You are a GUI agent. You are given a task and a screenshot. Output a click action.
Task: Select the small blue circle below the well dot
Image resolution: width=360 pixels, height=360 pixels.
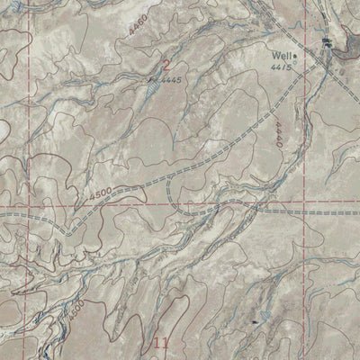point(298,64)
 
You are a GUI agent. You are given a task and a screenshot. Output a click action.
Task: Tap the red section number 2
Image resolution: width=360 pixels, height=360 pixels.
point(166,64)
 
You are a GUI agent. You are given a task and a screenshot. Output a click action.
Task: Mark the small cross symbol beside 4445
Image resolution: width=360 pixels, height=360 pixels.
point(151,80)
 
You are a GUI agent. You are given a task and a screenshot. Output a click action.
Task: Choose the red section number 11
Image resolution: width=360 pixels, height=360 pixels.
point(161,342)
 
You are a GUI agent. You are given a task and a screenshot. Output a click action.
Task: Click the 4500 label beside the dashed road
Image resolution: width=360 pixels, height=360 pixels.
point(102,192)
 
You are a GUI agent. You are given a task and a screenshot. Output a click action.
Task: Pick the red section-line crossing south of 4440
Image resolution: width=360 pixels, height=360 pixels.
point(302,203)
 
